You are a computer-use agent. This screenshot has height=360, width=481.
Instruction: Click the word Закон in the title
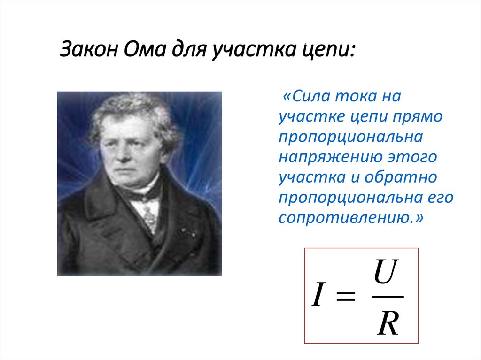pyautogui.click(x=89, y=49)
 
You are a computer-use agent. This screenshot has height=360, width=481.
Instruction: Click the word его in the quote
pyautogui.click(x=441, y=198)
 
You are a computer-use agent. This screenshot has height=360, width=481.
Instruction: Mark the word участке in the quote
pyautogui.click(x=309, y=117)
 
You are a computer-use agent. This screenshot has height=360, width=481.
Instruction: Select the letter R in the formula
pyautogui.click(x=388, y=324)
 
